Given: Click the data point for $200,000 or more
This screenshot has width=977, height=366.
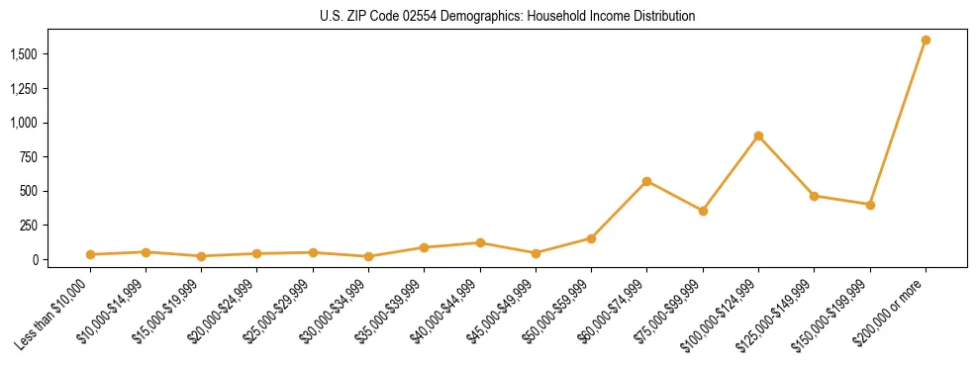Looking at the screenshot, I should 926,40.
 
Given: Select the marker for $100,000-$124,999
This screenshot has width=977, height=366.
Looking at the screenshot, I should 758,136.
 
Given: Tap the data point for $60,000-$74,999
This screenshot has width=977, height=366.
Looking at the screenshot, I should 646,181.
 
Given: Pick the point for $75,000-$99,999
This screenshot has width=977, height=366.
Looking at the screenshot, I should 703,211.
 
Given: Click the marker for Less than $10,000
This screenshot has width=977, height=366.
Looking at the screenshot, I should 90,254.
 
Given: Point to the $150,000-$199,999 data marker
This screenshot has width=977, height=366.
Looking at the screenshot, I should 870,205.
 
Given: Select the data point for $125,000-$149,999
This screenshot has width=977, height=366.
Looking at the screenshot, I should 814,196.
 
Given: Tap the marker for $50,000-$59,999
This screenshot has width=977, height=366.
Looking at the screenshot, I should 591,238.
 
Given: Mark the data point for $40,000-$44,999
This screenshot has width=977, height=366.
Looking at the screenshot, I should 480,242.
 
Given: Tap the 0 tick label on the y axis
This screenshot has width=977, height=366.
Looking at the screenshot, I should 38,259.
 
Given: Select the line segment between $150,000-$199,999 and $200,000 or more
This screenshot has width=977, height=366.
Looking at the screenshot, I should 898,123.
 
